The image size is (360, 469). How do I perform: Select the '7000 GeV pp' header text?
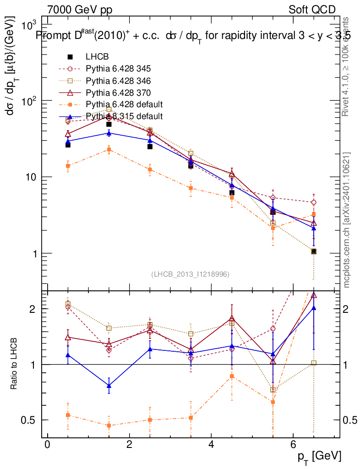point(80,10)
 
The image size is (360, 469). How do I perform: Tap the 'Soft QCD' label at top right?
point(312,10)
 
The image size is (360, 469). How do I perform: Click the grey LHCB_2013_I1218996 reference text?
point(190,274)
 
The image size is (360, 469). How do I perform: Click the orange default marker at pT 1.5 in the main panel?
point(109,149)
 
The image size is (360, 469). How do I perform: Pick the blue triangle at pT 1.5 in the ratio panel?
point(109,386)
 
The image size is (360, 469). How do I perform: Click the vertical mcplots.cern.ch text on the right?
point(347,220)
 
